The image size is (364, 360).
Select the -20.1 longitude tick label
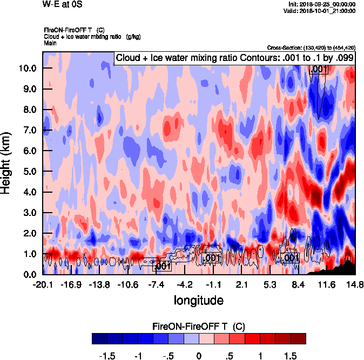pos(43,284)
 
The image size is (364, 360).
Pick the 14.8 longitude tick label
pos(355,284)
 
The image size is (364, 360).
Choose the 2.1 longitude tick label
pos(242,284)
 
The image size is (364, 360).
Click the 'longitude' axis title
pos(199,300)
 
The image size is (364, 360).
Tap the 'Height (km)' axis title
pos(7,163)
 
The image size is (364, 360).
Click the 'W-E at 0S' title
pos(59,5)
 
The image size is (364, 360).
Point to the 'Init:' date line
pos(322,4)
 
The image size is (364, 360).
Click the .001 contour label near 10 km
pos(319,69)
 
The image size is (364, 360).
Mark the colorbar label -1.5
pos(107,356)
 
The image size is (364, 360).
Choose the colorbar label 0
pos(199,356)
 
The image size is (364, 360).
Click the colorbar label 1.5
pos(290,356)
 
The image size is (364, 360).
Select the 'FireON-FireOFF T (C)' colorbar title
pos(199,327)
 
